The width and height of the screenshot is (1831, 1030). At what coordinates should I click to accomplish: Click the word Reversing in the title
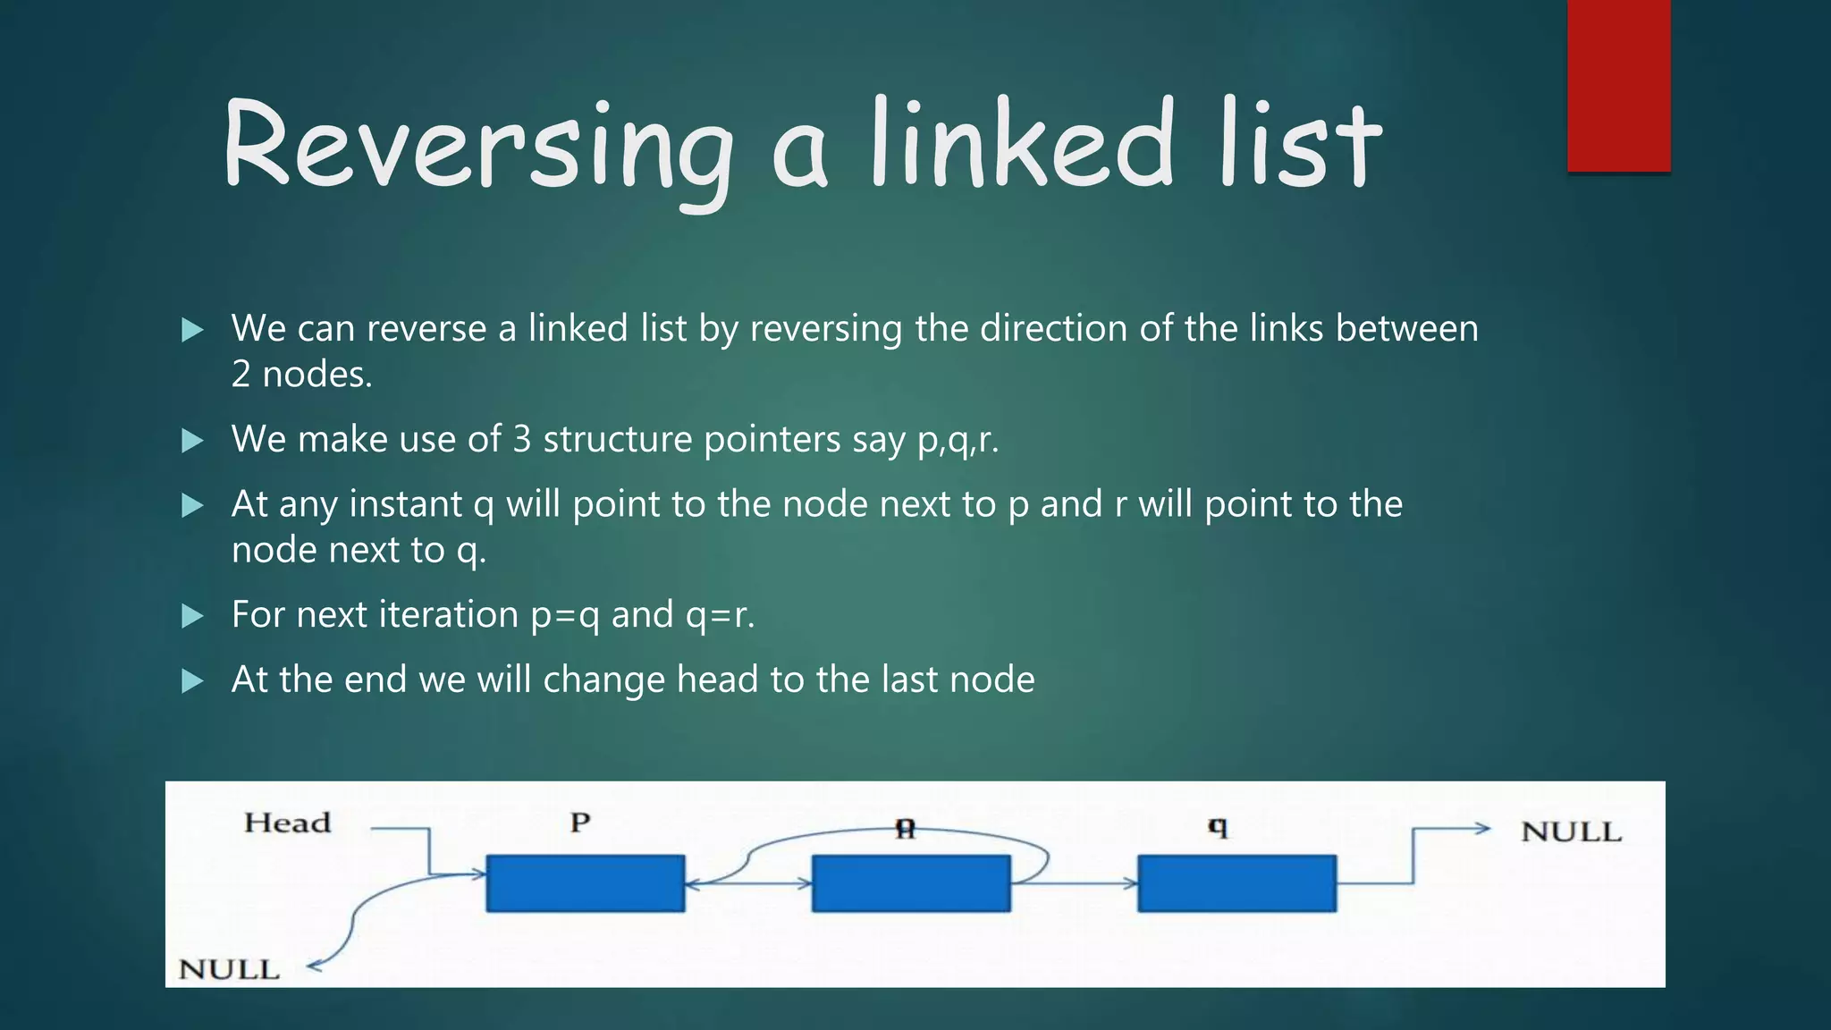point(478,148)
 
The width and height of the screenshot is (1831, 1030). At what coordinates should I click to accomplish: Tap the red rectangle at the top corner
point(1618,85)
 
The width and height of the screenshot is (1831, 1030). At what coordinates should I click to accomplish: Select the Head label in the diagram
point(287,823)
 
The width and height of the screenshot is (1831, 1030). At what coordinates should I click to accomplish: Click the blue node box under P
point(586,883)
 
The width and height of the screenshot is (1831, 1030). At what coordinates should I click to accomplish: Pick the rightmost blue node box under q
point(1236,883)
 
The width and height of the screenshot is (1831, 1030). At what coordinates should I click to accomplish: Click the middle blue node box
point(911,883)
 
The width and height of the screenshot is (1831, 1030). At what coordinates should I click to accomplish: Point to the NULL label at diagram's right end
point(1571,832)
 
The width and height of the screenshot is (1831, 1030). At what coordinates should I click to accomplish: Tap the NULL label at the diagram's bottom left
point(229,969)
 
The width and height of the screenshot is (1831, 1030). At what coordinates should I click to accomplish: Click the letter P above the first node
point(580,823)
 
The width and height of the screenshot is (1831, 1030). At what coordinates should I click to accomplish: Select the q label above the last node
point(1218,827)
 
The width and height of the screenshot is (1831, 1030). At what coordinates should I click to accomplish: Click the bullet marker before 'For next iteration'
point(192,616)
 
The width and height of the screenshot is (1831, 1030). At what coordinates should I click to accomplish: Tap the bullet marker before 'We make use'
point(192,441)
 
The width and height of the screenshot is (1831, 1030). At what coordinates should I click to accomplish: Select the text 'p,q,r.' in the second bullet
point(958,440)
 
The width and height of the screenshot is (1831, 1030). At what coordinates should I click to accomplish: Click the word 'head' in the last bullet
point(717,680)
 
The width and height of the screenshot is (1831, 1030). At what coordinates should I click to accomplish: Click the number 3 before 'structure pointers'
point(522,439)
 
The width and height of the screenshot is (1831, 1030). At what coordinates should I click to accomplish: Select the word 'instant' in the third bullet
point(405,504)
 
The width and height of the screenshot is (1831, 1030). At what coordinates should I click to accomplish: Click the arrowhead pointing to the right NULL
point(1481,829)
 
